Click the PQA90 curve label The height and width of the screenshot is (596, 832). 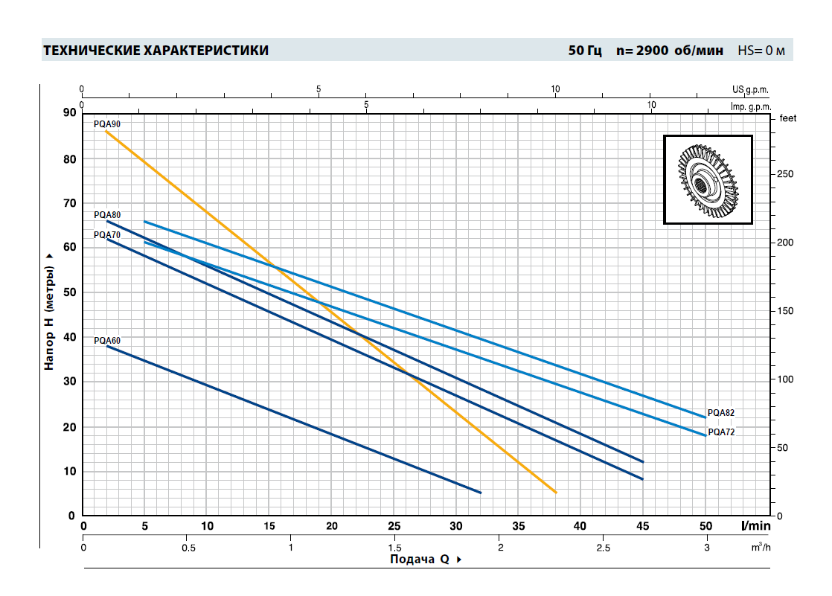coord(107,124)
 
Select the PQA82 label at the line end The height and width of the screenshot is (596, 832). coord(721,412)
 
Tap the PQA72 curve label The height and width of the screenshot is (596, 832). coord(721,432)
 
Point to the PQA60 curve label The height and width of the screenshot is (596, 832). coord(107,341)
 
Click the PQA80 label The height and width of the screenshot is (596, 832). coord(107,215)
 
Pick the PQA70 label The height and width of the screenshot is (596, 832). coord(107,234)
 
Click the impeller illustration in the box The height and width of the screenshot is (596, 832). coord(708,179)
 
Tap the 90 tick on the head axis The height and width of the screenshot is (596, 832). coord(69,112)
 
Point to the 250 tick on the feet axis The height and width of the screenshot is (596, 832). coord(785,174)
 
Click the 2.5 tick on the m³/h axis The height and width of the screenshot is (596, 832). coord(603,548)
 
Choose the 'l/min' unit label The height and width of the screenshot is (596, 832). coord(755,526)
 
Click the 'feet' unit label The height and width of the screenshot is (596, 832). coord(787,118)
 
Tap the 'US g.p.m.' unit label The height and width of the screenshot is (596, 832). coord(749,89)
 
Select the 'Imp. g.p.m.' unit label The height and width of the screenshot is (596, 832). coord(749,106)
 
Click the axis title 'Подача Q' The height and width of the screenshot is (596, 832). coord(420,560)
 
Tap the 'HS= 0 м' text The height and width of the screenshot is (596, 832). coord(761,51)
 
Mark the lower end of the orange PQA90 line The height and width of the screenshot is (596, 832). coord(555,492)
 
